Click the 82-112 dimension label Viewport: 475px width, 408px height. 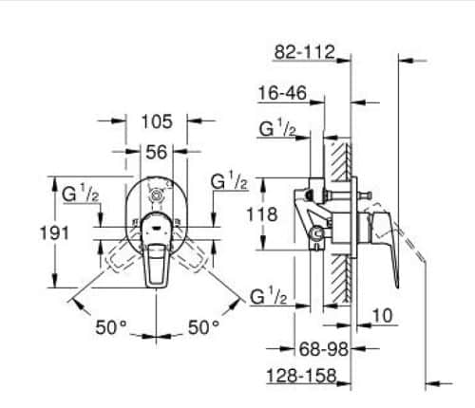304,52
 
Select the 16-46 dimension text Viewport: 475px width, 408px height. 282,93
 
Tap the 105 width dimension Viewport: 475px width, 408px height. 157,121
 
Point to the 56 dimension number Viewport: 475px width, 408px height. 156,152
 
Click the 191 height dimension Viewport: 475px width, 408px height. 54,233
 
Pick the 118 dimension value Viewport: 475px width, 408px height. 262,214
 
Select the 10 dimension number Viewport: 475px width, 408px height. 382,315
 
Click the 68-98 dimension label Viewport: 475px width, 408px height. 324,349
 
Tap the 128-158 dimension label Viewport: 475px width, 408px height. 301,376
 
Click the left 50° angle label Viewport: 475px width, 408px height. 111,327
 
